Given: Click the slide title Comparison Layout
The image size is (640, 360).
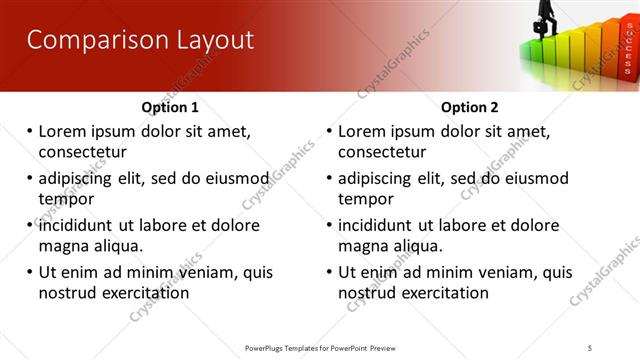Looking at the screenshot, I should [140, 40].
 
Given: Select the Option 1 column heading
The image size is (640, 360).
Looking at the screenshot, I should [170, 107].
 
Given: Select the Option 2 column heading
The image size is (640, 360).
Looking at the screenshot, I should [469, 107].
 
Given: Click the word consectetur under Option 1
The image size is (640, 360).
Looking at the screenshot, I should [82, 152].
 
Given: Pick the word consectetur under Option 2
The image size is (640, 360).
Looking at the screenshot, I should [382, 152].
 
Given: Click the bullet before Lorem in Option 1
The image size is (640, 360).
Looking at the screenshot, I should [29, 131].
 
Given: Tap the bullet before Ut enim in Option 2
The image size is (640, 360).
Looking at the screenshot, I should [329, 272].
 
